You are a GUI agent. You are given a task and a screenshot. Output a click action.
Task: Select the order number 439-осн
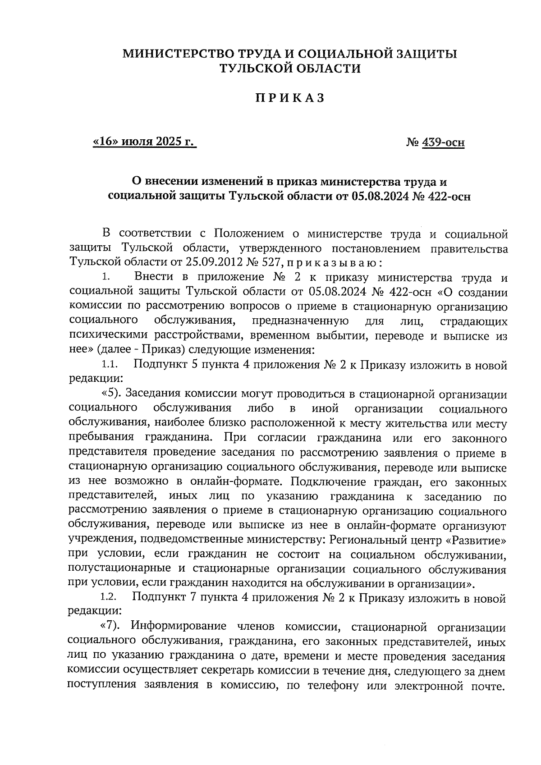click(x=444, y=143)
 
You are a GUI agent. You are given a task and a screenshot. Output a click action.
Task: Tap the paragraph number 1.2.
click(x=109, y=598)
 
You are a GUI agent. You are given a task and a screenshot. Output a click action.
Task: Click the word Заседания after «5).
click(x=156, y=394)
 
